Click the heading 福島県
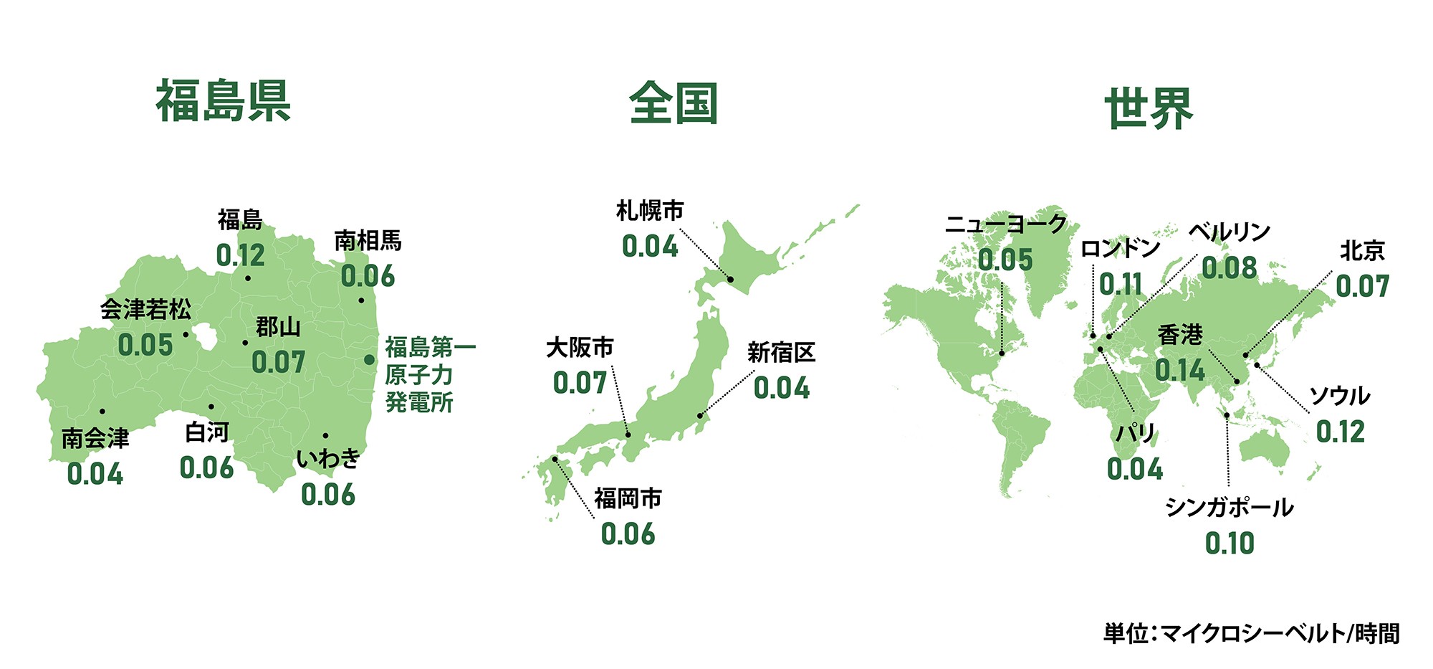(x=224, y=101)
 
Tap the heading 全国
(x=674, y=104)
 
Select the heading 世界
(x=1149, y=109)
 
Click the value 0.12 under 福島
(x=241, y=256)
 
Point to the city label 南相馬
(x=368, y=240)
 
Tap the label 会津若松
(x=146, y=310)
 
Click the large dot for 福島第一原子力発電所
(x=369, y=359)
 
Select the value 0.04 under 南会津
(x=95, y=474)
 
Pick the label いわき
(x=328, y=458)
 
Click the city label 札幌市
(x=650, y=211)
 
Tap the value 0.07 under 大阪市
(x=580, y=383)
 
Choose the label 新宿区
(x=781, y=353)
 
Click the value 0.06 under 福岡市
(x=628, y=534)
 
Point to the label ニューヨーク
(x=1006, y=224)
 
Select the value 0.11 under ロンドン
(x=1121, y=285)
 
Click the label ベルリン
(x=1230, y=232)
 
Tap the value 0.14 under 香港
(x=1180, y=371)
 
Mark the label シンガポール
(x=1230, y=508)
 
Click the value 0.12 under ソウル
(x=1341, y=432)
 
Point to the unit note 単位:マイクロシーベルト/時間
(x=1251, y=633)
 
